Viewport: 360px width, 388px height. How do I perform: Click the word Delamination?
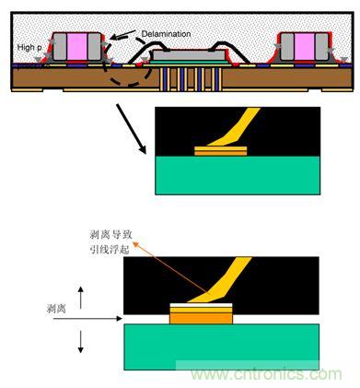point(166,34)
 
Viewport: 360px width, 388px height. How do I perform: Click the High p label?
point(29,48)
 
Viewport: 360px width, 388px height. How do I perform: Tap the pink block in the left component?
point(77,46)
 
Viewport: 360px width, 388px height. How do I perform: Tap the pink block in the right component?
point(305,46)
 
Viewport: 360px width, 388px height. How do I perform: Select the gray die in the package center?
point(189,55)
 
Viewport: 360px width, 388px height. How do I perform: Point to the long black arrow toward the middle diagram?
point(131,128)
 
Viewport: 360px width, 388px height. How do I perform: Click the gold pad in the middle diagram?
point(221,151)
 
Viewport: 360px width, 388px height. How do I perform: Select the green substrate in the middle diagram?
point(238,175)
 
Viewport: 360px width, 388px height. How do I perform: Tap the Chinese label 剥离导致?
point(111,235)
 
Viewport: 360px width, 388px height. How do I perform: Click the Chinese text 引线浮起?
point(110,250)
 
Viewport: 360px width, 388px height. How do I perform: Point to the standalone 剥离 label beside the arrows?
point(56,308)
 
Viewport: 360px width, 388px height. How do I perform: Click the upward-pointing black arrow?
point(80,298)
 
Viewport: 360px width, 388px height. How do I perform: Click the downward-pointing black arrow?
point(80,341)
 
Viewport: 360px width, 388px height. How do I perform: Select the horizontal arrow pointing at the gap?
point(87,319)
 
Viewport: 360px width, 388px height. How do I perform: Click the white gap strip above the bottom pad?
point(201,305)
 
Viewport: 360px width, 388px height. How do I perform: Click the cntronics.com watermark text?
point(266,374)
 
